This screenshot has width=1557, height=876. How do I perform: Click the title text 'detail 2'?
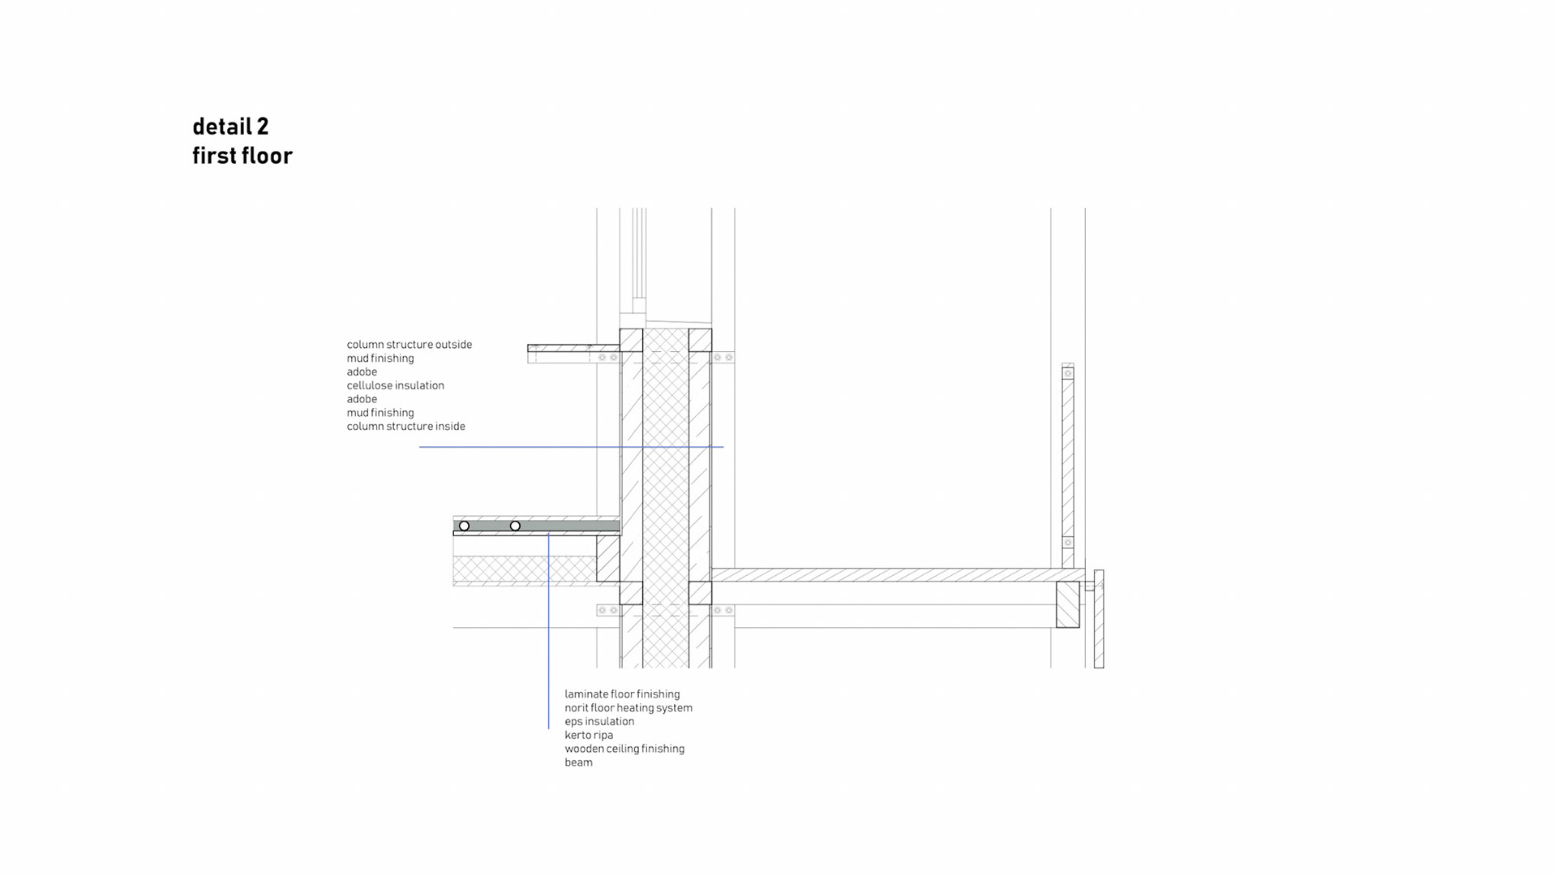[x=230, y=127]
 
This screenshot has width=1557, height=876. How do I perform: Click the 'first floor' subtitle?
[x=242, y=156]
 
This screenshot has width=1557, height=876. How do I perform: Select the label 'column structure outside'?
[x=409, y=345]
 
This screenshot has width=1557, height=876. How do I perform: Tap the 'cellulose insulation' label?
[x=395, y=385]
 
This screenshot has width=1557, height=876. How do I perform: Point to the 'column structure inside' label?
[x=405, y=427]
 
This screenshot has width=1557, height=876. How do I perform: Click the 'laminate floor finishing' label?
[x=622, y=694]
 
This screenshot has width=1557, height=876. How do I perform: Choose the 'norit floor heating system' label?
[x=628, y=708]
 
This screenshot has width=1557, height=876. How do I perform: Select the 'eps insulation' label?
[x=599, y=722]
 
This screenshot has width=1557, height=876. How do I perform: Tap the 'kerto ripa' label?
[x=589, y=736]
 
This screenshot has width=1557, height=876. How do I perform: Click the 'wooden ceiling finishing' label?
[x=624, y=749]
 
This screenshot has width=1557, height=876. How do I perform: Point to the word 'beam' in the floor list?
[x=578, y=762]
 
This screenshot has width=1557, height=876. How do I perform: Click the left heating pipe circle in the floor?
[x=464, y=526]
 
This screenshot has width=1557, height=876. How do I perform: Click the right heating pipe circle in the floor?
[x=515, y=526]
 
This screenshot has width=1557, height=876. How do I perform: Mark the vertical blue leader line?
[x=548, y=633]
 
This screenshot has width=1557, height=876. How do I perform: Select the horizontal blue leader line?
[x=568, y=447]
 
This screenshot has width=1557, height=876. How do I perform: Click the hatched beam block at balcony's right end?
[x=1067, y=604]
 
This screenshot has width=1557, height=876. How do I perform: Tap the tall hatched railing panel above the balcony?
[x=1068, y=458]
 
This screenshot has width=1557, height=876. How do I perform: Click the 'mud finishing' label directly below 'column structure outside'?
[x=380, y=359]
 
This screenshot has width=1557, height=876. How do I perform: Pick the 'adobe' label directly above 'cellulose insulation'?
[x=362, y=372]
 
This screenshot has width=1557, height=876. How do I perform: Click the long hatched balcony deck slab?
[x=892, y=575]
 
